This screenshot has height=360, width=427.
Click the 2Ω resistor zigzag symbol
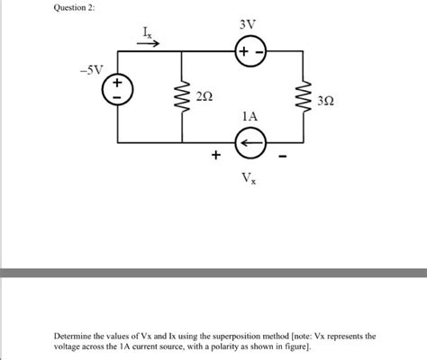click(x=183, y=96)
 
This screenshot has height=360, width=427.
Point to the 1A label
click(x=250, y=117)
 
